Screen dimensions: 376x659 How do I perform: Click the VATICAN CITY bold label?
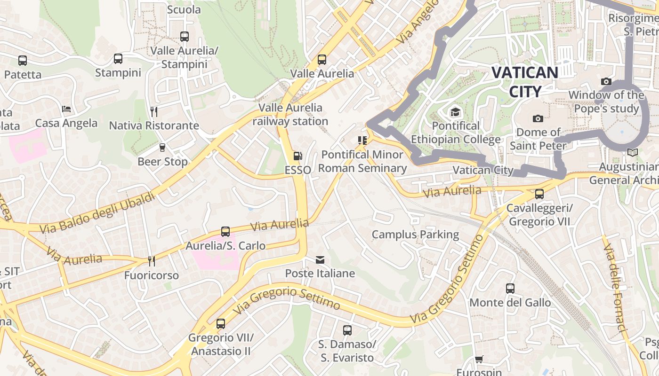tap(525, 81)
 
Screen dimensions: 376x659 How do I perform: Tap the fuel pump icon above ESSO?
tap(297, 156)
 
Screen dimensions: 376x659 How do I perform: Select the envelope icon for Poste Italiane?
tap(320, 260)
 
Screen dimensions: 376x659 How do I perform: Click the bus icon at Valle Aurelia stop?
tap(322, 60)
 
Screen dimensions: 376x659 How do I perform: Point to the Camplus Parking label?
tap(415, 235)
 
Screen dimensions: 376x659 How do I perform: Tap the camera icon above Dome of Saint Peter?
tap(538, 118)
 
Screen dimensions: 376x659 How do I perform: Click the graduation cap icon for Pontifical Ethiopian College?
tap(455, 112)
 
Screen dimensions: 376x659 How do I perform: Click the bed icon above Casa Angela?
tap(67, 109)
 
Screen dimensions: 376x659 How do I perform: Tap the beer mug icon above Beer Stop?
tap(162, 148)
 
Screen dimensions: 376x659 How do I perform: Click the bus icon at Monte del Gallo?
tap(510, 289)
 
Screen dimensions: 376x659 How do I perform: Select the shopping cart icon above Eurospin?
tap(479, 360)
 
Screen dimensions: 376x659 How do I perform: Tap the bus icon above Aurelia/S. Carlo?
tap(225, 232)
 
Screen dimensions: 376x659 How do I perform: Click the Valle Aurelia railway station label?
tap(290, 114)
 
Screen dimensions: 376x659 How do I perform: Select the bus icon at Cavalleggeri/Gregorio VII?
tap(539, 194)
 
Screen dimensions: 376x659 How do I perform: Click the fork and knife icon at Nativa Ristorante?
tap(154, 112)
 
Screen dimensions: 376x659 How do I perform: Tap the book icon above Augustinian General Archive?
tap(633, 153)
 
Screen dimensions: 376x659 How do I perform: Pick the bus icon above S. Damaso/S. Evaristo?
tap(347, 330)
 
